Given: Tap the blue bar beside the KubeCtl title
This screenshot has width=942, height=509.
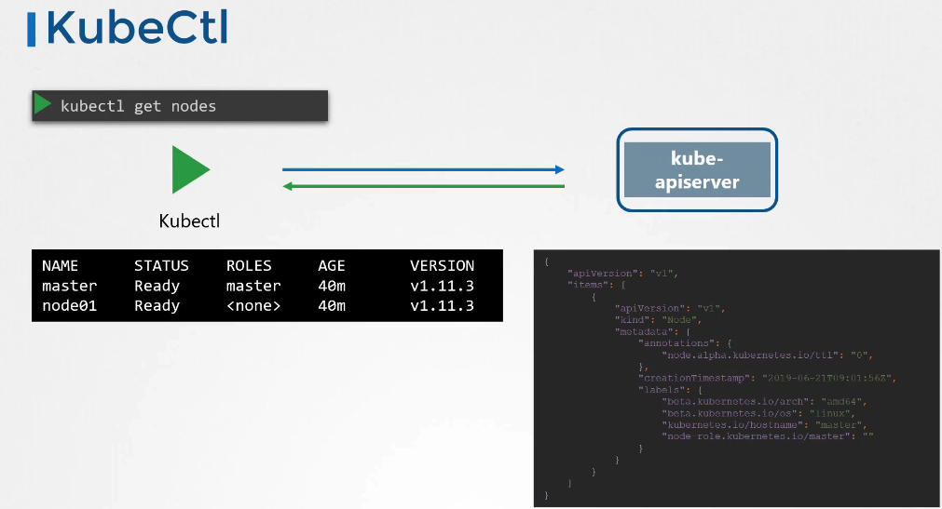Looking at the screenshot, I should tap(32, 29).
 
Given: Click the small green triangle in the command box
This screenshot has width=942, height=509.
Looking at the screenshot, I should tap(43, 105).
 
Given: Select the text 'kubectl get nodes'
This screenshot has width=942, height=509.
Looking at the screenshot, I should tap(138, 106).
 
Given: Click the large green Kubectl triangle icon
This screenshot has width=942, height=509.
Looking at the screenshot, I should tap(190, 169).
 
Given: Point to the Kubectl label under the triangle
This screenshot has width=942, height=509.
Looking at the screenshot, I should tap(190, 221).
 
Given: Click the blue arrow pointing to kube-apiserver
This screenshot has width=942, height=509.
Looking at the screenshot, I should tap(424, 169).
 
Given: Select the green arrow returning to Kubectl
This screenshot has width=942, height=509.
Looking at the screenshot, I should tap(424, 186).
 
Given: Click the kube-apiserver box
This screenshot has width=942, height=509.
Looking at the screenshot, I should tap(697, 169).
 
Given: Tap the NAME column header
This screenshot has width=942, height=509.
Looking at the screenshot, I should tap(61, 266).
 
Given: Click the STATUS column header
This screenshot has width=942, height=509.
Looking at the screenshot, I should tap(161, 266).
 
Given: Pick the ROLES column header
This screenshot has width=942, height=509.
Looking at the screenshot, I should tap(249, 266).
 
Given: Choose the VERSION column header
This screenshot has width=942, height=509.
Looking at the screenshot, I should tap(442, 266).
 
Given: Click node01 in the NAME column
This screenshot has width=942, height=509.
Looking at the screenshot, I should tap(69, 305).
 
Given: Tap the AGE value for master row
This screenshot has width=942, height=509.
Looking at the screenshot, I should tap(332, 286).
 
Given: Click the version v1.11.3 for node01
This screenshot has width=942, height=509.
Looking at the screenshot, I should tap(442, 305).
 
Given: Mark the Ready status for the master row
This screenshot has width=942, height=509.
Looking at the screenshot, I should tap(157, 286).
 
